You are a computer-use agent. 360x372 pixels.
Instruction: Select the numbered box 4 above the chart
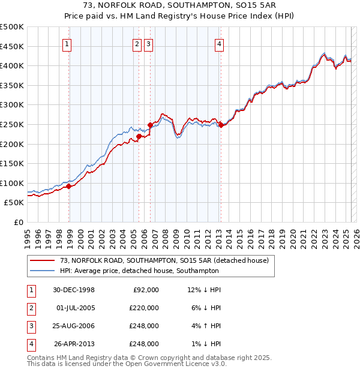pyautogui.click(x=220, y=43)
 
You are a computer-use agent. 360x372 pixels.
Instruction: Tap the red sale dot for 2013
pyautogui.click(x=221, y=125)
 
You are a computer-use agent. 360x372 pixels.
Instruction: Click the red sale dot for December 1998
pyautogui.click(x=69, y=186)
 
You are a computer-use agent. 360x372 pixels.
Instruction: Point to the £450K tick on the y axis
pyautogui.click(x=12, y=46)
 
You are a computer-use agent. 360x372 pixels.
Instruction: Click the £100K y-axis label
pyautogui.click(x=12, y=183)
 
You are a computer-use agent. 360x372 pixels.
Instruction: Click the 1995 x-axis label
pyautogui.click(x=27, y=234)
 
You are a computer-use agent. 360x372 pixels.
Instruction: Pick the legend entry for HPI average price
pyautogui.click(x=139, y=271)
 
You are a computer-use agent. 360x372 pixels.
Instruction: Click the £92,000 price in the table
pyautogui.click(x=145, y=290)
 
